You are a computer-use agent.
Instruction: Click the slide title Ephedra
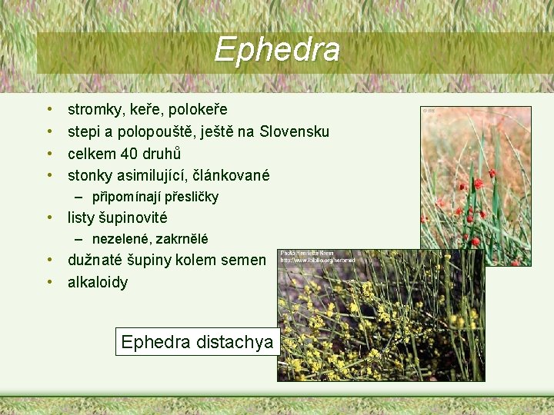pos(277,50)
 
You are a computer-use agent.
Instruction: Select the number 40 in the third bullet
pos(129,153)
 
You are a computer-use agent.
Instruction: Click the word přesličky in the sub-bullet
pos(192,197)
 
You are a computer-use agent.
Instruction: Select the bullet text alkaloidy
pos(98,282)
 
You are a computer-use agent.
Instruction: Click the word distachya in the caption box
pos(235,342)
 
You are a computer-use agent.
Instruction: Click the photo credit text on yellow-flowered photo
pos(308,257)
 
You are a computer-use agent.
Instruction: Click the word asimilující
pos(155,175)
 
